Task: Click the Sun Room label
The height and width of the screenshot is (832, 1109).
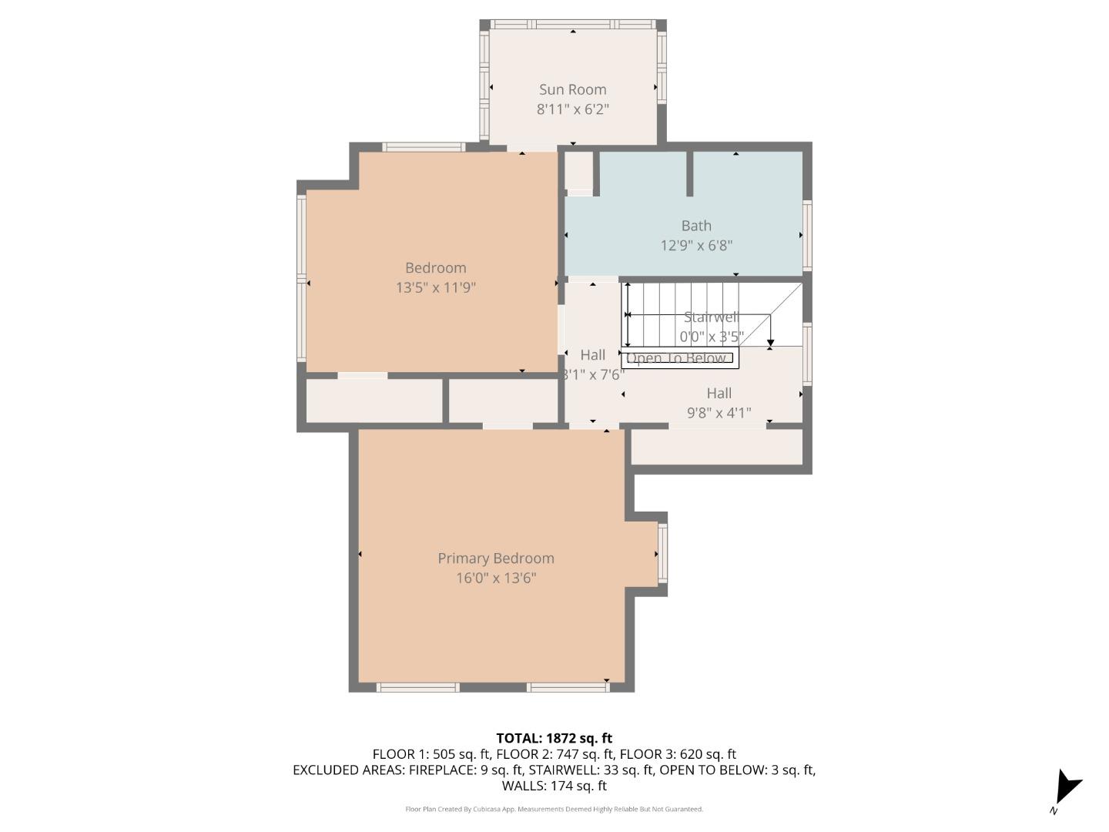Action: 572,89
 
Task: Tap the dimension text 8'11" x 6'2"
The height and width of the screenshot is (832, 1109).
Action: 572,109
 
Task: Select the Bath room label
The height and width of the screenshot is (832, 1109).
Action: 695,226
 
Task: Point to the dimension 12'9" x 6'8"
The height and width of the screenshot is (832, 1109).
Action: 695,246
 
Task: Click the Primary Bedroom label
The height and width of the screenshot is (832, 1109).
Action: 495,559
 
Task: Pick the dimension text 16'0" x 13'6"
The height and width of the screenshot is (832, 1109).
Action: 495,579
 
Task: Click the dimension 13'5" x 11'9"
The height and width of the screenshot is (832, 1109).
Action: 435,288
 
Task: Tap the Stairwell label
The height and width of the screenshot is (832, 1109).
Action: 710,317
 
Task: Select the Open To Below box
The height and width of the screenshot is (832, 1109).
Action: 678,358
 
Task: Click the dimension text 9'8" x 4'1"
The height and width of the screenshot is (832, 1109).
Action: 719,414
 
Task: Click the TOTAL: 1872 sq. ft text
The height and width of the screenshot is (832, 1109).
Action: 554,738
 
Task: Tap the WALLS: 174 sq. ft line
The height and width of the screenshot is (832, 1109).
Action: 554,786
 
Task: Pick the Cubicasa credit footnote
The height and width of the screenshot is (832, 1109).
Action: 554,809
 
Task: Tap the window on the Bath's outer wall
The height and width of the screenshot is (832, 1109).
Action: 807,235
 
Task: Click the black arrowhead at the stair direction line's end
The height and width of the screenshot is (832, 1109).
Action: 770,342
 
